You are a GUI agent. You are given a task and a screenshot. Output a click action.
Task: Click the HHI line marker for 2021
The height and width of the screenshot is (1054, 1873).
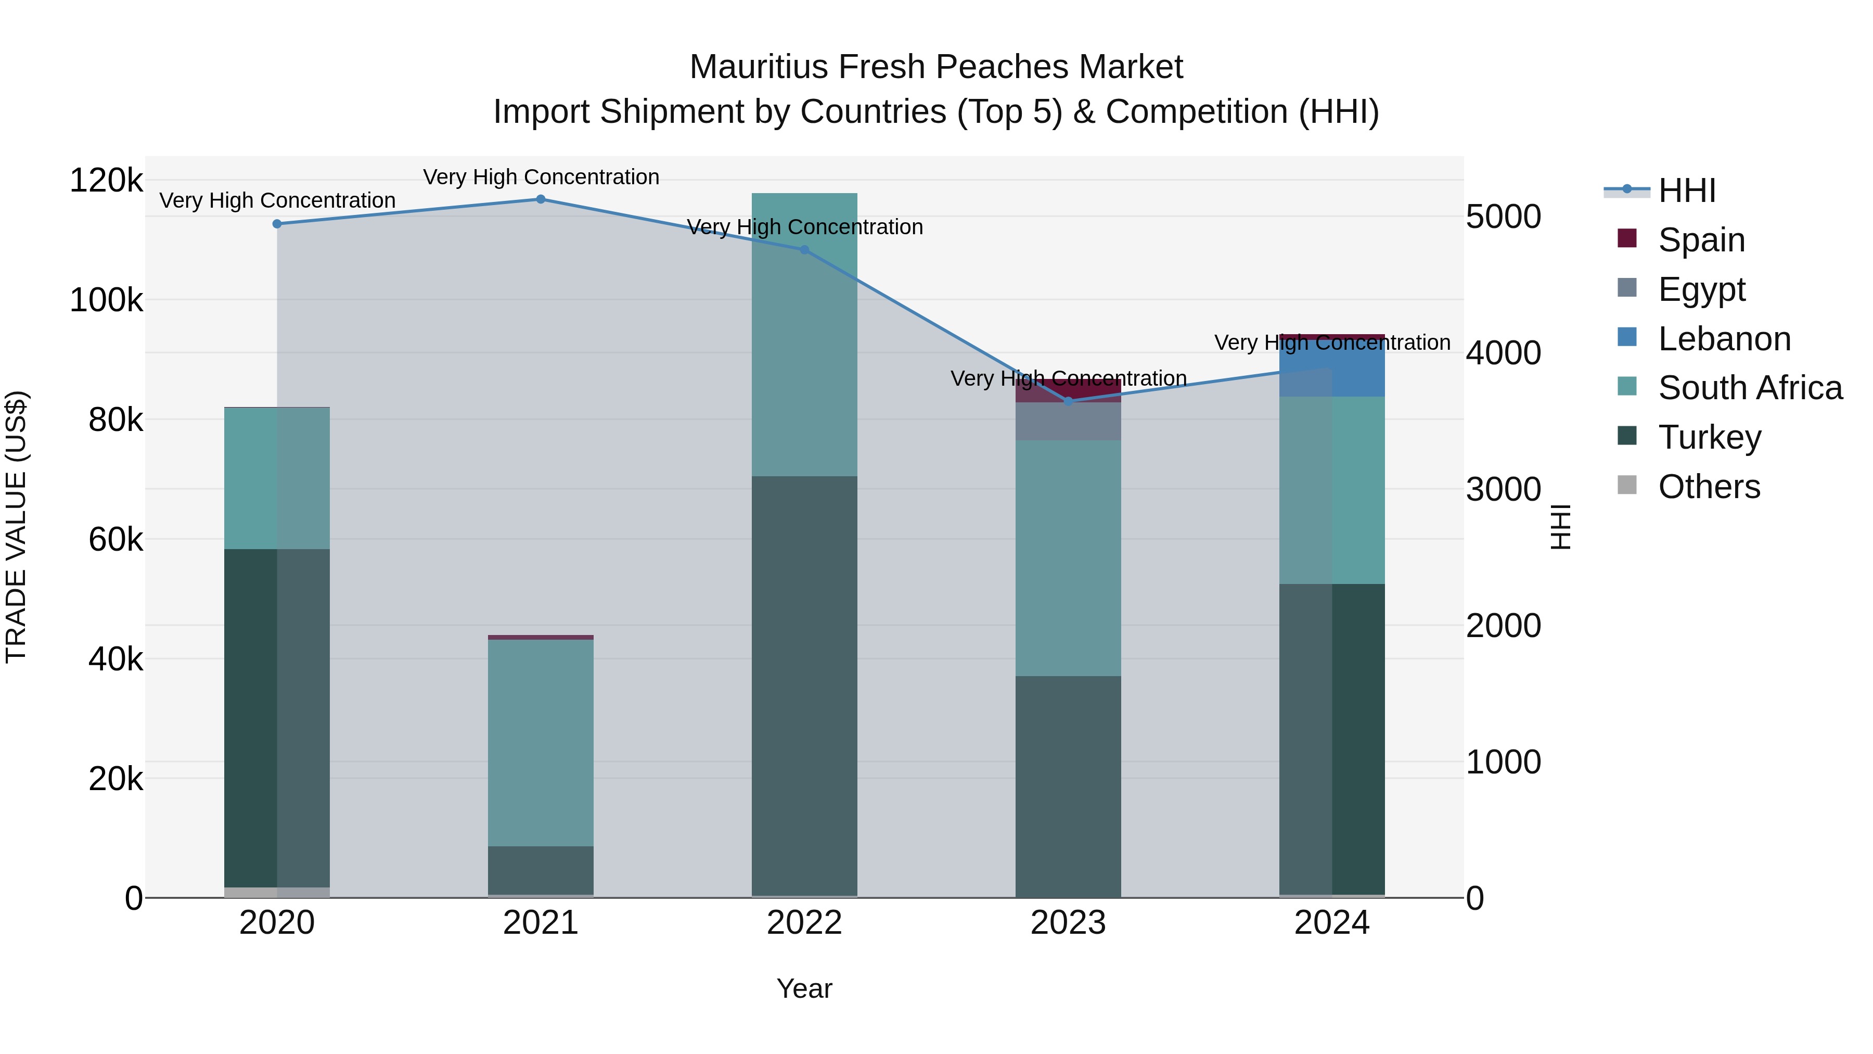click(540, 199)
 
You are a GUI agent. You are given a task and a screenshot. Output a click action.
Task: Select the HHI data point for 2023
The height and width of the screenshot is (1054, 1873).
click(1068, 401)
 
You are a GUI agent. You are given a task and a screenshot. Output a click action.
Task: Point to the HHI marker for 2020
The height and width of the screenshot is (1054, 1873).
click(277, 224)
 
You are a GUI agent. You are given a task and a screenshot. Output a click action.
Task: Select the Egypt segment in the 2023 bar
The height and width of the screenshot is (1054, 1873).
click(1068, 421)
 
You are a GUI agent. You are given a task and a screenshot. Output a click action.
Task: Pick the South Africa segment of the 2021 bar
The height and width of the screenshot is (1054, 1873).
click(540, 742)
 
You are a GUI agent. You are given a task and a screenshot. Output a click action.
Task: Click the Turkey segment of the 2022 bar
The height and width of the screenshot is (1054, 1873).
click(804, 684)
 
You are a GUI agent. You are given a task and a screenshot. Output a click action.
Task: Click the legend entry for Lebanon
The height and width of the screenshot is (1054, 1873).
click(1724, 339)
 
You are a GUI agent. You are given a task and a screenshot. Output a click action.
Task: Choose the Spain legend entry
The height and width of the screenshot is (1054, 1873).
click(1701, 240)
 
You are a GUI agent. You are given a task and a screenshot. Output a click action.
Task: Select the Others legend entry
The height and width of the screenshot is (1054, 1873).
click(1709, 487)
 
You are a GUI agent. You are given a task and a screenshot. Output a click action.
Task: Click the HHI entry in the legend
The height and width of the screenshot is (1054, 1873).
click(1687, 191)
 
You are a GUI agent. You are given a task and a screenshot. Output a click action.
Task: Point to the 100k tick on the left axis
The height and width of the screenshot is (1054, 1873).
click(106, 300)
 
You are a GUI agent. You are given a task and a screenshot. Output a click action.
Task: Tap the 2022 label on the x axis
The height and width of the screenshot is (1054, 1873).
click(804, 923)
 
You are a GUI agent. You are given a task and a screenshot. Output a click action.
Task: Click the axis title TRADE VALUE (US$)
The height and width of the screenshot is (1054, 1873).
click(16, 527)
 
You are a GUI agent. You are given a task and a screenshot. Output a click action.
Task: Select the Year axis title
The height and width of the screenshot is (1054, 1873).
click(804, 988)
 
